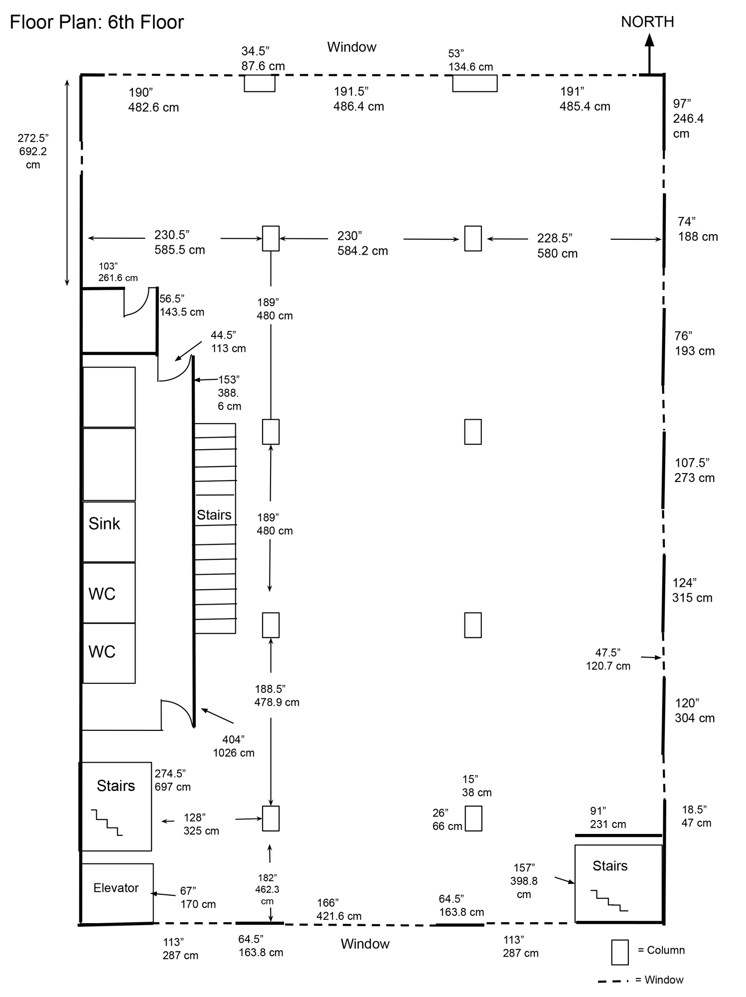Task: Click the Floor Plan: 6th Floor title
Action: tap(97, 22)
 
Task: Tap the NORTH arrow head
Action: tap(649, 39)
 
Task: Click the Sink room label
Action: tap(104, 523)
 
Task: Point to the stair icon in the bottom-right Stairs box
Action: tap(609, 900)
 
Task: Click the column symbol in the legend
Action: tap(620, 952)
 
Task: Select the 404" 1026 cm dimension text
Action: tap(234, 746)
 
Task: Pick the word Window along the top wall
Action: tap(352, 47)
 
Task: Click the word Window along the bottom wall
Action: tap(365, 944)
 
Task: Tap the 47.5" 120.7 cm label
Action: tap(608, 659)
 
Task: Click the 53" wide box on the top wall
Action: tap(475, 83)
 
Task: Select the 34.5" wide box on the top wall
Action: tap(260, 83)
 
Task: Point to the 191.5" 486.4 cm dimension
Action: tap(359, 99)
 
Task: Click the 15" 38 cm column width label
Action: tap(477, 786)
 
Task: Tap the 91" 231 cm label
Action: tap(608, 818)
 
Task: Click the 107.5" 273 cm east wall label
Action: tap(695, 470)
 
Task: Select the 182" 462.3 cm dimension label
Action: tap(268, 889)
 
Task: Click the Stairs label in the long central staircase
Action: tap(214, 515)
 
